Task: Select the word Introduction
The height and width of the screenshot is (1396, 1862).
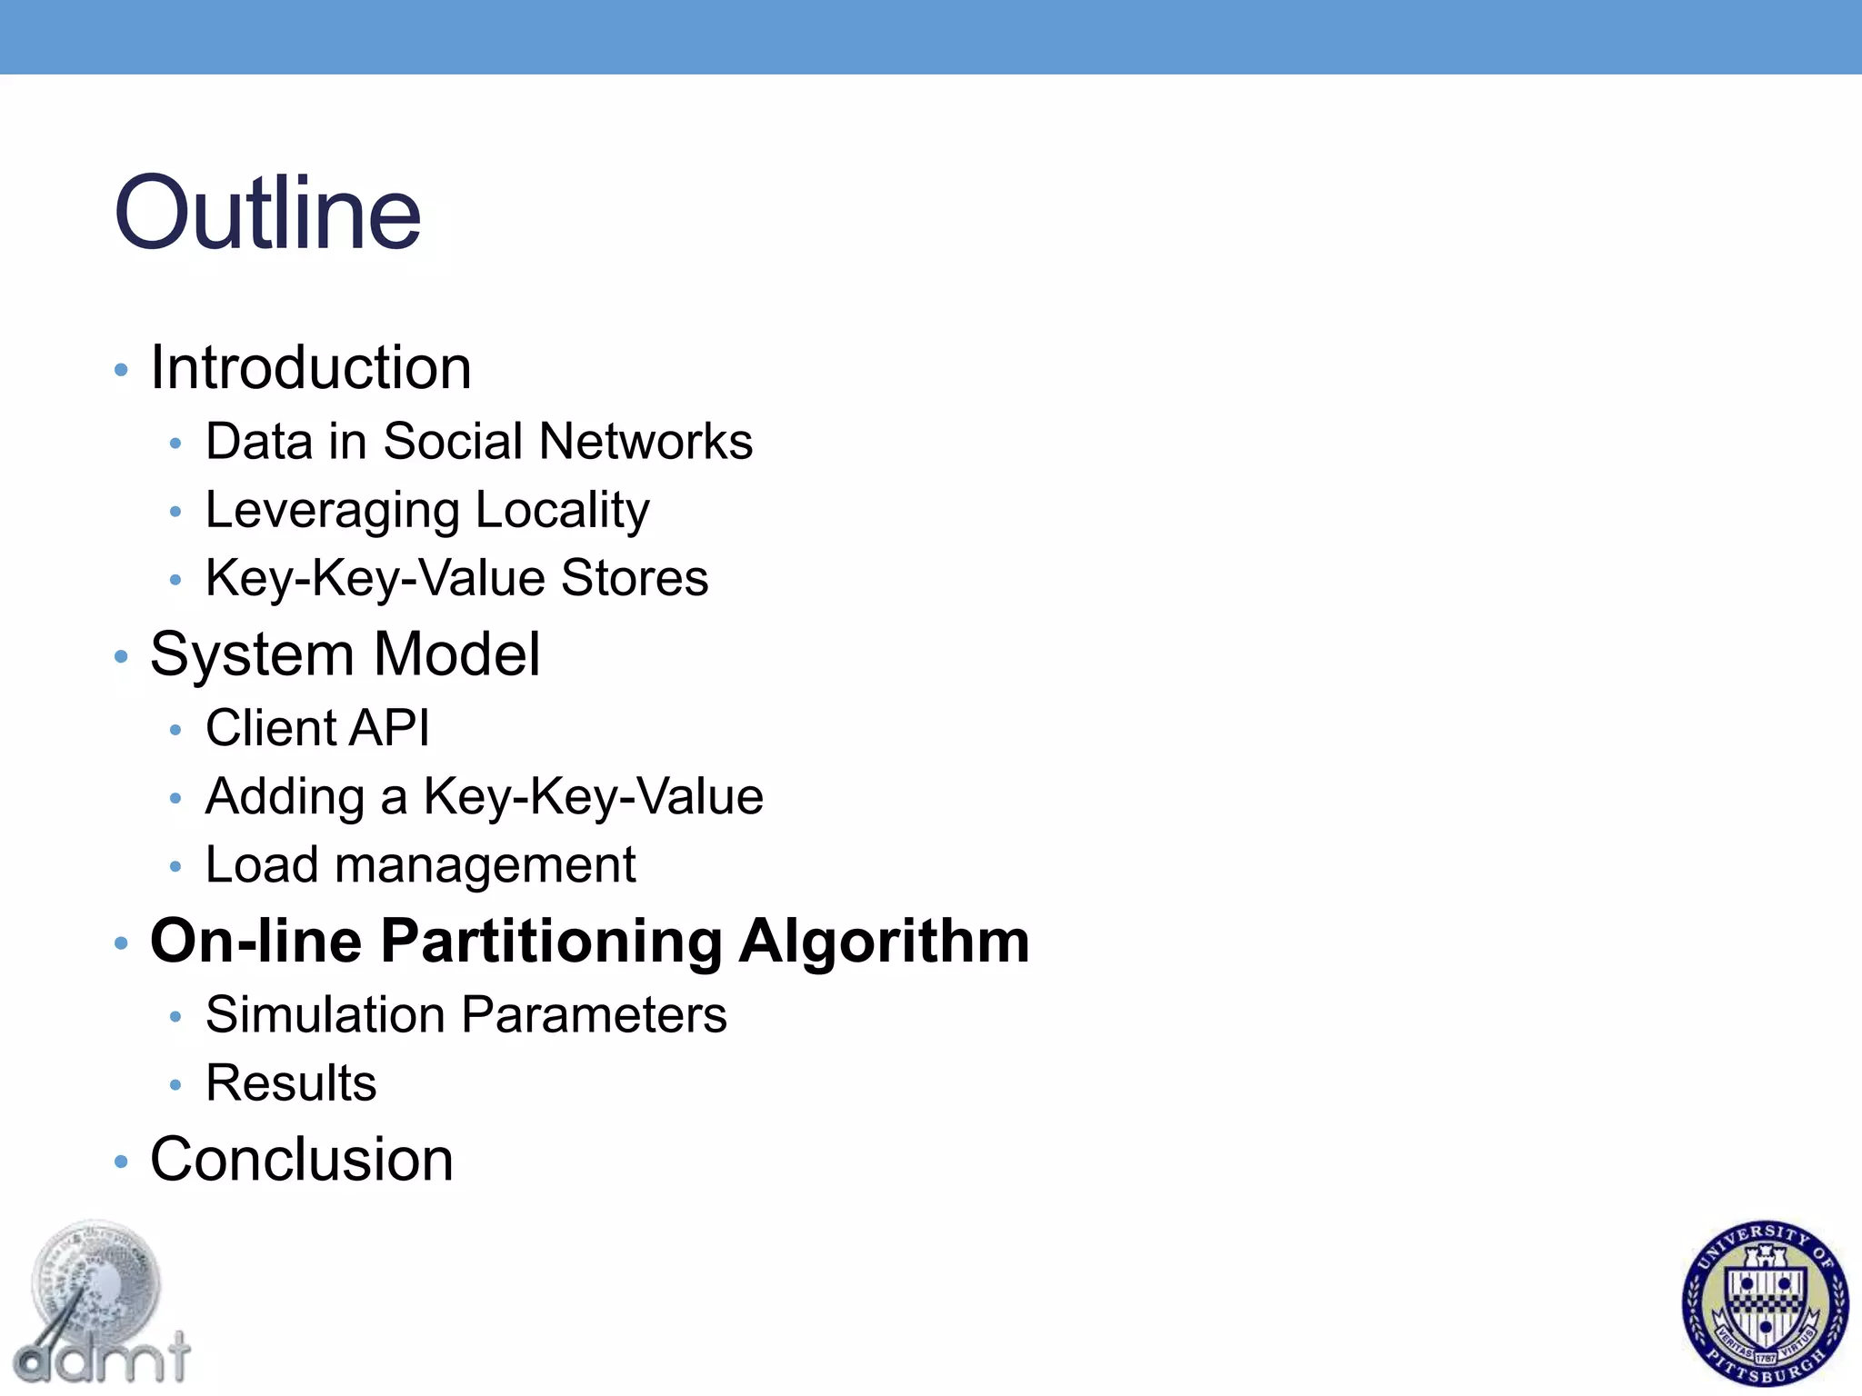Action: point(311,368)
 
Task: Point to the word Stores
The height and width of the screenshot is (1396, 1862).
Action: point(635,578)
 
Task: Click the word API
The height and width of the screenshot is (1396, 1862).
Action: point(390,728)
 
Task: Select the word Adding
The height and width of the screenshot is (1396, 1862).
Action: point(285,797)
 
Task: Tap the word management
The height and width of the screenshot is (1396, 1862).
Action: point(485,865)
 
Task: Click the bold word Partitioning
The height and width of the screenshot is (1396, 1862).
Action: point(552,941)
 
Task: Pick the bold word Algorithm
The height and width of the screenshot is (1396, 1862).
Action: point(884,941)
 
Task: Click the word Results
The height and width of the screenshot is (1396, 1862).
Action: point(291,1083)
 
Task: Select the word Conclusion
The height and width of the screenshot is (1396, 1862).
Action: point(302,1160)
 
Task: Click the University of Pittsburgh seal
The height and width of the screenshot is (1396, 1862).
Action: point(1765,1302)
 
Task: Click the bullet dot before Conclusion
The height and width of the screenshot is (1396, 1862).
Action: point(122,1162)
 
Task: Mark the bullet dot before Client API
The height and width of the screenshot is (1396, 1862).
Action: point(175,730)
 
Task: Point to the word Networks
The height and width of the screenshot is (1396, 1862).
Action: point(646,442)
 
